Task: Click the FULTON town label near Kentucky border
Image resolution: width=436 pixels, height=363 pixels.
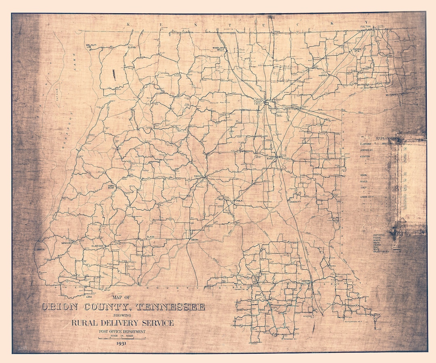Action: [x=366, y=27]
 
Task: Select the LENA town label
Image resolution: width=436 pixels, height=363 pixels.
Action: [x=132, y=47]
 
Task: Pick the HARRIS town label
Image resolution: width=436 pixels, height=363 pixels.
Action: [x=322, y=75]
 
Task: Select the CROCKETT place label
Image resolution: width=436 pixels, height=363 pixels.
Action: [x=295, y=202]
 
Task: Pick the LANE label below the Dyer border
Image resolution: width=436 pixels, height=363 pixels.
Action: [x=89, y=297]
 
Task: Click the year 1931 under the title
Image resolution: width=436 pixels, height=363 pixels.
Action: [x=122, y=344]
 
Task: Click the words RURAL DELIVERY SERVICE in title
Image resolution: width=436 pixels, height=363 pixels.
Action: [x=122, y=323]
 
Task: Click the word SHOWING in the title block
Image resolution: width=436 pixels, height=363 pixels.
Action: [x=122, y=316]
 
